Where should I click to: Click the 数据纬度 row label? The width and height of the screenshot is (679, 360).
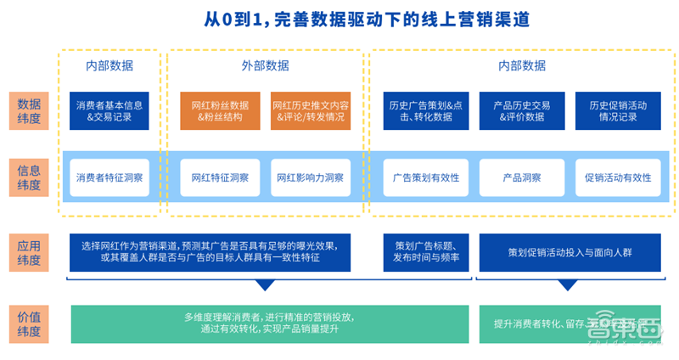[x=29, y=110]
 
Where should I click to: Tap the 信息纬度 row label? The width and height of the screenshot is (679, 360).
[x=29, y=177]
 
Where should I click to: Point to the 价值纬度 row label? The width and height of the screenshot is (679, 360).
[x=29, y=323]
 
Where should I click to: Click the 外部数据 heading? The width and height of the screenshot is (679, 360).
[x=264, y=65]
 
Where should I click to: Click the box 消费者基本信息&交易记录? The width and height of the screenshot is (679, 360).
[x=109, y=111]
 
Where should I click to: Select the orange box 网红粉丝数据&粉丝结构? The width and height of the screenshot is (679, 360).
[x=219, y=111]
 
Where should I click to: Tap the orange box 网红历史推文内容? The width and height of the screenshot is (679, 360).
[x=310, y=111]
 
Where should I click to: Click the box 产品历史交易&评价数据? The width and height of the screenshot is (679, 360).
[x=521, y=111]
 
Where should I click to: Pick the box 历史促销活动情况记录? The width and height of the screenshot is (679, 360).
[x=617, y=111]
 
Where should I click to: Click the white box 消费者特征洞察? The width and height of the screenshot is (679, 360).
[x=109, y=178]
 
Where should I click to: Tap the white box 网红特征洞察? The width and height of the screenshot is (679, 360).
[x=219, y=178]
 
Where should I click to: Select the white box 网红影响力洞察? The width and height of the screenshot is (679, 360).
[x=310, y=178]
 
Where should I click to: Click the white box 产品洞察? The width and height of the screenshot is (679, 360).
[x=521, y=178]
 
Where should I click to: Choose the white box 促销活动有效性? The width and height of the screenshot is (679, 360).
[x=617, y=178]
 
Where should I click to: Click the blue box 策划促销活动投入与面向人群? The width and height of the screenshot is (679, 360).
[x=570, y=252]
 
